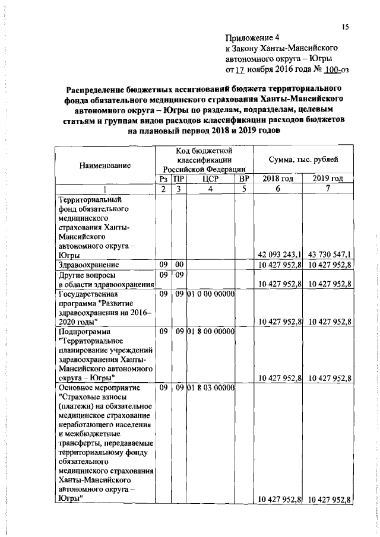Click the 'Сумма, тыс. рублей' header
(304, 160)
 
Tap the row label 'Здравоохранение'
(88, 264)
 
